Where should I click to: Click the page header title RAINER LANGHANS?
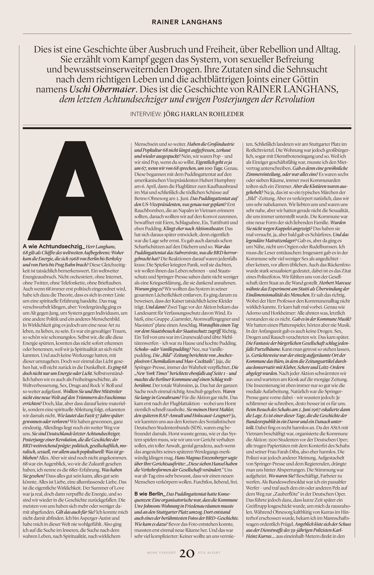click(187, 22)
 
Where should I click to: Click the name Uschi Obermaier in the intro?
click(103, 90)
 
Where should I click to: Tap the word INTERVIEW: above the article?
click(146, 114)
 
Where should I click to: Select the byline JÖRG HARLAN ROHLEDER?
click(204, 114)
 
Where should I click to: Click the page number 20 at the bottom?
click(187, 553)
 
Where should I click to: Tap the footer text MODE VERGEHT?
click(161, 553)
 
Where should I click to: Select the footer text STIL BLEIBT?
click(209, 553)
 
